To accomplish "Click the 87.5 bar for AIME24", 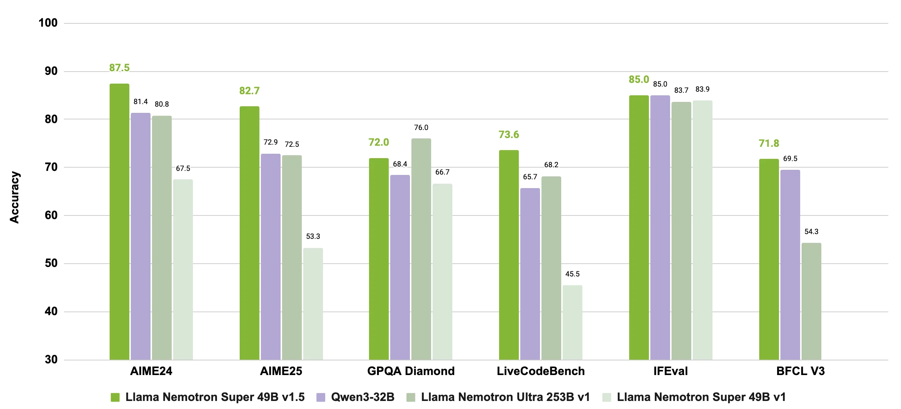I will tap(119, 222).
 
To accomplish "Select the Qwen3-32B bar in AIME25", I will tap(271, 257).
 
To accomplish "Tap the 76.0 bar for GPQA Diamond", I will tap(421, 249).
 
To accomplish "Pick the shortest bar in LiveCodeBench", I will tap(572, 322).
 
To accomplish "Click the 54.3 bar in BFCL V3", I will tap(811, 301).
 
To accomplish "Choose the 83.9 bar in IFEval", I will tap(702, 230).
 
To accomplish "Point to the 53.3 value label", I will tap(313, 236).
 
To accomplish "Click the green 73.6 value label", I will tap(509, 135).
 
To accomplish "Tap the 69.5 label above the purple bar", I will tap(790, 158).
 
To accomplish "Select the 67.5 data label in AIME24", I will tap(183, 168).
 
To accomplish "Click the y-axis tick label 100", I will tap(48, 23).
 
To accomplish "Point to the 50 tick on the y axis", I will tap(51, 263).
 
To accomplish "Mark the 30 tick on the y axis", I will tap(51, 359).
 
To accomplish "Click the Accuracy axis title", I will tap(15, 197).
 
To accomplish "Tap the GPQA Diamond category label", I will tap(411, 371).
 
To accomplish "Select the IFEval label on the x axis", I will tap(670, 371).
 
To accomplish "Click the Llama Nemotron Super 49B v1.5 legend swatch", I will tap(115, 397).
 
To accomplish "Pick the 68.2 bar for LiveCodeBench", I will tap(551, 268).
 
